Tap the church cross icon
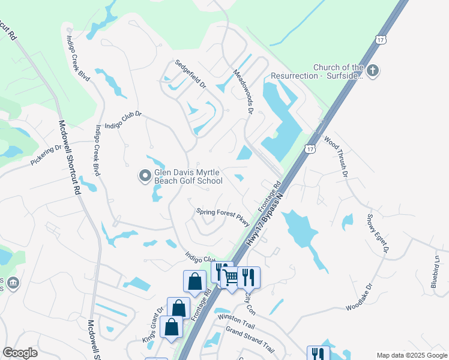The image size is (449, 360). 372,71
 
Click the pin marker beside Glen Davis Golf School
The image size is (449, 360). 145,176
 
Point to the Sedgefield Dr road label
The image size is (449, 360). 190,74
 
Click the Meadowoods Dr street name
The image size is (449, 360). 243,91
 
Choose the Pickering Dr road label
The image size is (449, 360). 46,155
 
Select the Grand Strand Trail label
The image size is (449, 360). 250,340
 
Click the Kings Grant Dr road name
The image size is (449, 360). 152,325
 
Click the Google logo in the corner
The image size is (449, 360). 20,352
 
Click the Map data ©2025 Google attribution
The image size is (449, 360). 411,355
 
